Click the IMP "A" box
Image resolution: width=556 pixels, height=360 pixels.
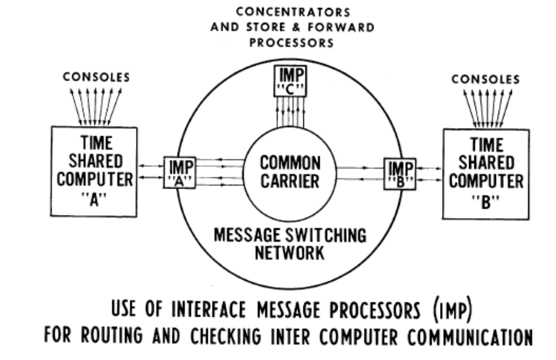click(x=179, y=173)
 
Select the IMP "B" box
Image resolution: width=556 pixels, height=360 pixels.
click(x=399, y=174)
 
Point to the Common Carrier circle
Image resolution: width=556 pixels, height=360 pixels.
click(x=290, y=172)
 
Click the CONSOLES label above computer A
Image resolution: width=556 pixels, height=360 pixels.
click(x=97, y=78)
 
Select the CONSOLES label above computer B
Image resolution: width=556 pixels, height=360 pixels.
click(x=486, y=79)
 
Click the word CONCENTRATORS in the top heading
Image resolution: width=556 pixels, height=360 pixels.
click(x=293, y=11)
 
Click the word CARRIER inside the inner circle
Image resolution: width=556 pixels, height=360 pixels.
click(x=290, y=181)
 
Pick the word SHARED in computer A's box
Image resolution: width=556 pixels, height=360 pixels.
click(x=95, y=161)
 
